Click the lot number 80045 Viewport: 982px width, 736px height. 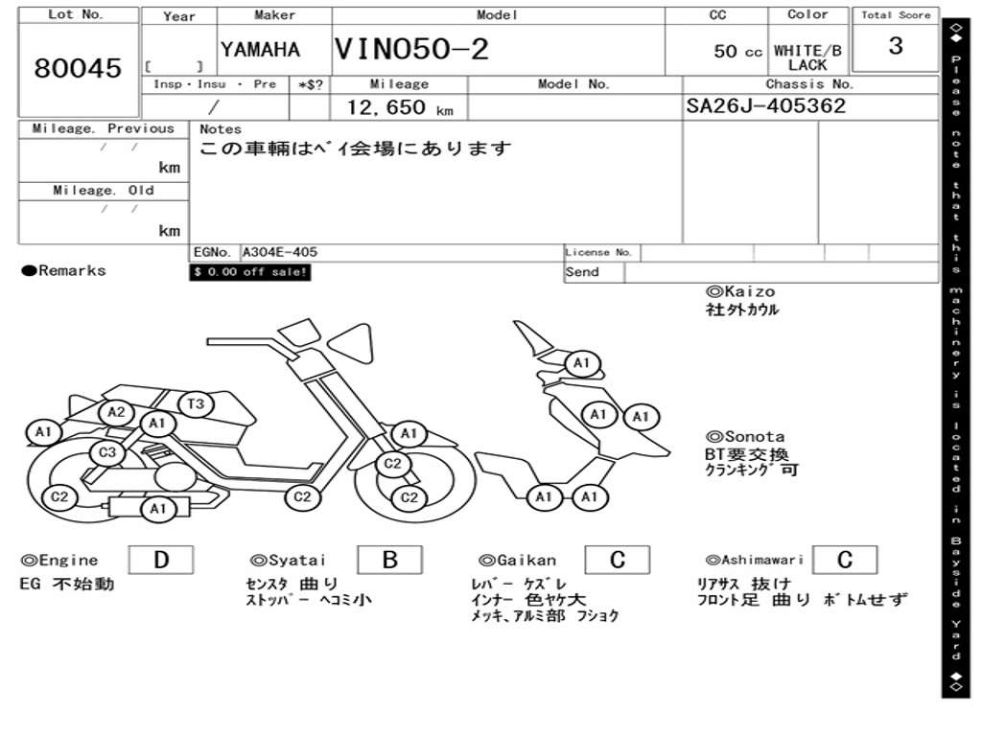click(79, 68)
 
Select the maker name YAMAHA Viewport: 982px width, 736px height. click(260, 50)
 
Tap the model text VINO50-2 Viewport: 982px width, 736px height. click(411, 50)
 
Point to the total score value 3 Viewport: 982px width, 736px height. click(895, 46)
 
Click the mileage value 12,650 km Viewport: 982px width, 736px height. click(399, 107)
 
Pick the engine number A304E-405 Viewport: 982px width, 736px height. click(279, 252)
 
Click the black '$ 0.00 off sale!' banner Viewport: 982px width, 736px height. click(250, 272)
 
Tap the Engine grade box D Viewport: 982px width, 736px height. click(160, 560)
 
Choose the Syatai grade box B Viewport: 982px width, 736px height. click(389, 560)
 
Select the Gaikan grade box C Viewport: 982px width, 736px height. click(618, 560)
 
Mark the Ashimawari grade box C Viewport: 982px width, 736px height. click(845, 560)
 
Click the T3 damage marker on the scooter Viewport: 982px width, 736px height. click(195, 404)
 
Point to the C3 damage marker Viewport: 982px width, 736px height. click(107, 452)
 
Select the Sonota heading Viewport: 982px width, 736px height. click(745, 436)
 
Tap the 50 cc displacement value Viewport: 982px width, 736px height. click(737, 52)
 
